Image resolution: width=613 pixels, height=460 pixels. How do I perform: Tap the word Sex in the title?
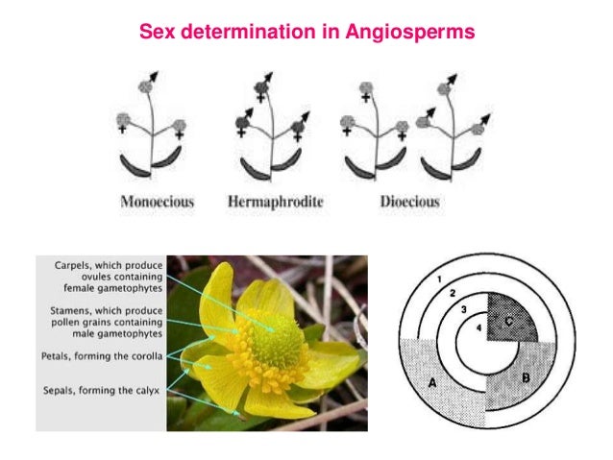click(156, 32)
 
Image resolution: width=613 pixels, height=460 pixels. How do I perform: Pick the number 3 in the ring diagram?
click(464, 308)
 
